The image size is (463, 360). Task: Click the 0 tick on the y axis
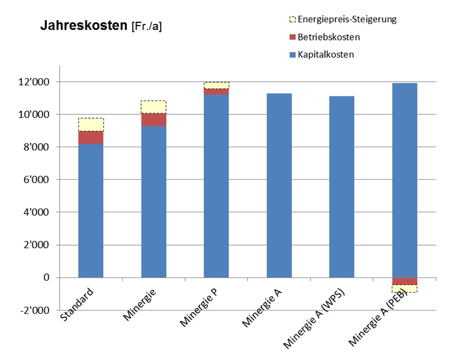click(46, 278)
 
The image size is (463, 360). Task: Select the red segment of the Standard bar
click(91, 137)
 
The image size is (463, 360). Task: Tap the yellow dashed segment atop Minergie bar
click(154, 107)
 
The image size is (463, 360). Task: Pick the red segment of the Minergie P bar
click(217, 91)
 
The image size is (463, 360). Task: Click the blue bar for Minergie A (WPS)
click(342, 187)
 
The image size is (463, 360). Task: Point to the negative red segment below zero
click(404, 281)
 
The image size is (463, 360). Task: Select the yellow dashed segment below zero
click(404, 289)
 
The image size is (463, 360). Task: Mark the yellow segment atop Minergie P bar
click(217, 85)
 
